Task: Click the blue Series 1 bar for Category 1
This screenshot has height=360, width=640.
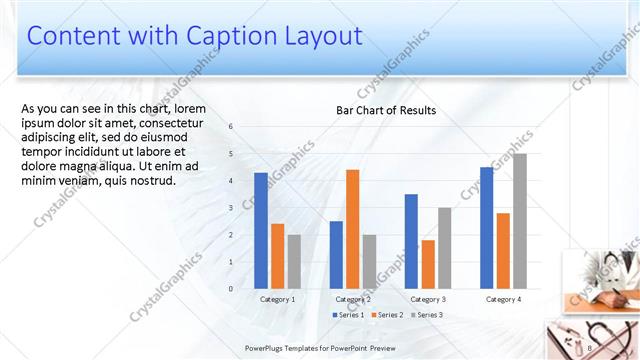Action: point(261,231)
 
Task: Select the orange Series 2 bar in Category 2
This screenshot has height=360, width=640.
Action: point(352,229)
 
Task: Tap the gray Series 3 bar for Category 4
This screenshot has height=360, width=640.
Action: point(519,221)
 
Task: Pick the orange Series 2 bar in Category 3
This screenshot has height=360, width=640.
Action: point(428,264)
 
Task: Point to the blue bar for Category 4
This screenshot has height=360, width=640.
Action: point(487,228)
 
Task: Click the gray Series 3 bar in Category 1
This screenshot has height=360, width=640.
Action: point(294,262)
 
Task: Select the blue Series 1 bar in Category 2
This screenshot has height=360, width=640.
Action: point(336,255)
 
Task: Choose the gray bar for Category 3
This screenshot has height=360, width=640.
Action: point(444,248)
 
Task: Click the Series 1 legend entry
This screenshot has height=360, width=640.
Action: point(348,315)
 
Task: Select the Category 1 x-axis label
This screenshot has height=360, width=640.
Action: point(277,299)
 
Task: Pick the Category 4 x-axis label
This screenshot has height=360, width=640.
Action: point(503,299)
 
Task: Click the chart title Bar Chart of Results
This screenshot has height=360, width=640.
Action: point(385,110)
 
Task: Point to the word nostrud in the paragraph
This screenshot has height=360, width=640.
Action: point(151,181)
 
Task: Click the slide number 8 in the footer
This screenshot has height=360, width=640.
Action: point(591,347)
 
